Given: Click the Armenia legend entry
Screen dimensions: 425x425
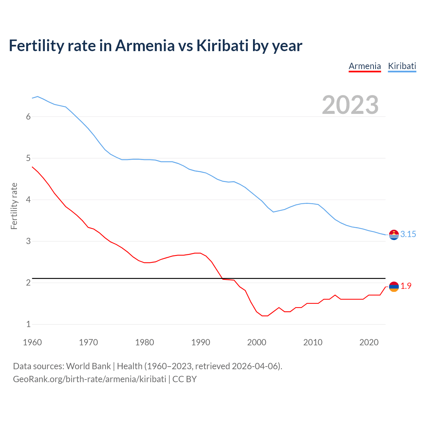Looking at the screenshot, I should pos(365,66).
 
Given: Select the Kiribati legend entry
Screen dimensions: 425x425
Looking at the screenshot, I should pos(402,66).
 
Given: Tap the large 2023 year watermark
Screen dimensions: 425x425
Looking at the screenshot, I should pos(350,105).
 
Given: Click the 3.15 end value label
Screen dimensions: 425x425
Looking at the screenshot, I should pos(408,234).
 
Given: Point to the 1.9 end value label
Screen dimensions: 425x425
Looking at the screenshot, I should pos(406,286).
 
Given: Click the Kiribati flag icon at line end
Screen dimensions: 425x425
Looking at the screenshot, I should pos(394,235).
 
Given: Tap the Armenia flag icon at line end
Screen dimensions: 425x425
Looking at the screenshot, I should pos(394,287).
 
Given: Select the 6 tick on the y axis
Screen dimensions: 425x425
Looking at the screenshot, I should pos(28,117).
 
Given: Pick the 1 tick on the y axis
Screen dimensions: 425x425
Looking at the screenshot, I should pos(28,324).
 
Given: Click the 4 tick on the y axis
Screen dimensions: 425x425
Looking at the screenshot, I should pos(28,200).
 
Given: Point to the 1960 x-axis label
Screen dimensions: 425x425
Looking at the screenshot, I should pos(32,342).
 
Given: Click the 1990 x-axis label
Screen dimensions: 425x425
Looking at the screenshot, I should pos(201,342).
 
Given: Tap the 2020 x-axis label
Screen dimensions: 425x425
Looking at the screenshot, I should pos(369,342).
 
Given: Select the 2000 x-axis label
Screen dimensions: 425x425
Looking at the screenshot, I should pos(257,342).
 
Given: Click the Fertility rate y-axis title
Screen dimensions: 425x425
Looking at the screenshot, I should pos(14,206).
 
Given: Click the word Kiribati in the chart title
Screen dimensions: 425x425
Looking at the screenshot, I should pos(222,45).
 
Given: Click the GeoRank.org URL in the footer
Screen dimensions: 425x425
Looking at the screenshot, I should pos(89,379).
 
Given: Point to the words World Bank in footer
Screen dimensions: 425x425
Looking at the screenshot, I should pos(88,366).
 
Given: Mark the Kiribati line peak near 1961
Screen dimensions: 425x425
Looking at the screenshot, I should pos(38,96).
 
